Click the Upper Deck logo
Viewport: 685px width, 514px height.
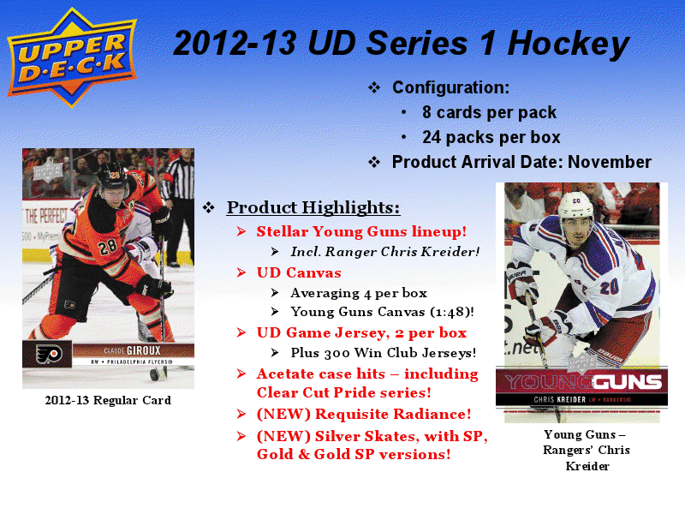coord(72,57)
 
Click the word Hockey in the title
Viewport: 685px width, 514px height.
coord(569,45)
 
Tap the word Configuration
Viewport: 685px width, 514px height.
coord(450,87)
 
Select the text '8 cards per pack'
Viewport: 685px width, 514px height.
coord(489,112)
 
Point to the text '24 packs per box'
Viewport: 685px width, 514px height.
coord(491,137)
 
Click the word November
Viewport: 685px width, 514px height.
coord(610,162)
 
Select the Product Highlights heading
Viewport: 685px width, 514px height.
coord(313,207)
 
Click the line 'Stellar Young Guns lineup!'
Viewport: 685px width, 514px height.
coord(361,231)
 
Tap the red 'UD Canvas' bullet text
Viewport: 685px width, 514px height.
coord(299,272)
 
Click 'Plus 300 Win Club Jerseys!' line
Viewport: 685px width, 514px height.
coord(383,353)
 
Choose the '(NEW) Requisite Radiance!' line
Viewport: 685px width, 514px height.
coord(364,414)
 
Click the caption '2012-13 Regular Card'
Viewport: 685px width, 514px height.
coord(108,400)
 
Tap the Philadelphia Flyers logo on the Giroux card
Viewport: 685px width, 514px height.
coord(48,354)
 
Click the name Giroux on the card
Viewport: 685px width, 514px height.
coord(143,350)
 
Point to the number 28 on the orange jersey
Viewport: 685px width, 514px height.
coord(107,248)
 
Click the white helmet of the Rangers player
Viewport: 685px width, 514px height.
coord(575,204)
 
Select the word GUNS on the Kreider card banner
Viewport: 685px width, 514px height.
coord(628,382)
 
